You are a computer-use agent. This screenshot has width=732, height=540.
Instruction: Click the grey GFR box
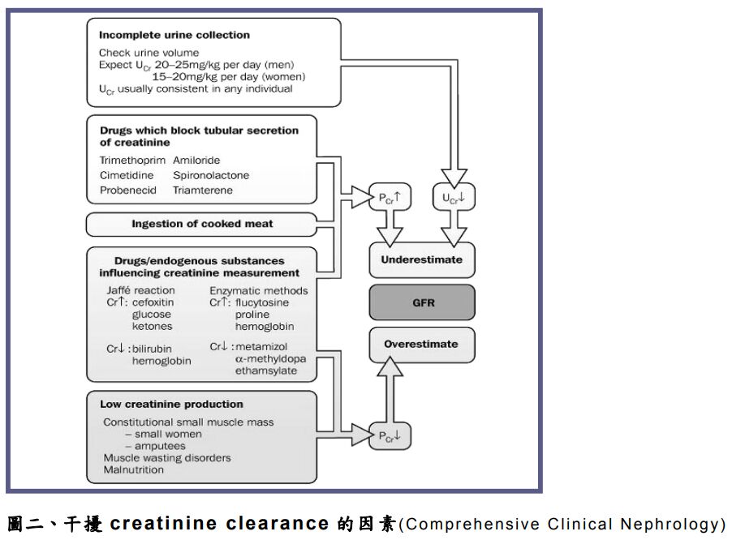422,302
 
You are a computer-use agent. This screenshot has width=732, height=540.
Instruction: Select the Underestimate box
422,259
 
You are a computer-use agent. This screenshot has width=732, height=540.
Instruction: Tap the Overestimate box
422,344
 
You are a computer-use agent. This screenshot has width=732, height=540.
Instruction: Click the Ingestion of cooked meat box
202,224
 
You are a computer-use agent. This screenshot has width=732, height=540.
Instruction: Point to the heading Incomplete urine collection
174,35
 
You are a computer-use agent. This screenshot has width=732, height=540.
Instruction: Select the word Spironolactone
211,175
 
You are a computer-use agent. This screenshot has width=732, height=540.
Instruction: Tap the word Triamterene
202,190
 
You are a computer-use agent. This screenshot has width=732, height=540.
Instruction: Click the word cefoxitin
154,302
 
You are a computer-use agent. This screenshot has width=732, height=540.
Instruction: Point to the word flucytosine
263,302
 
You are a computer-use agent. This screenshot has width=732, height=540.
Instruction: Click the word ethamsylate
265,371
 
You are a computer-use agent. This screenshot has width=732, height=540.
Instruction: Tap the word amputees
161,445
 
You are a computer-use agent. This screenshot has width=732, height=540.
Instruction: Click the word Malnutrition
132,469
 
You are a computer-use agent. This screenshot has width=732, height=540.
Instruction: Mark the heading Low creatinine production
171,404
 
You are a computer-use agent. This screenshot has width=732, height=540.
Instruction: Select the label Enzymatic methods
259,289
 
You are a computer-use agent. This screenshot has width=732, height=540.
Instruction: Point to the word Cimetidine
127,175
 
